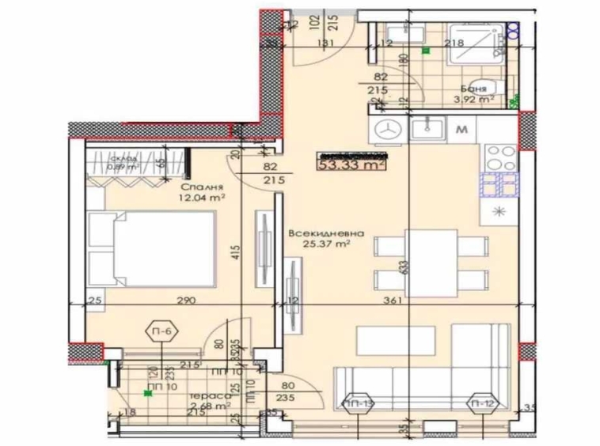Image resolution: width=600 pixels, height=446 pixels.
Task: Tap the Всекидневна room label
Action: point(326,234)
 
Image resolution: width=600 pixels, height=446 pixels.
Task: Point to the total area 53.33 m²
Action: point(351,164)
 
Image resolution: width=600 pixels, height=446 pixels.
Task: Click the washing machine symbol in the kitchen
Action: point(387,129)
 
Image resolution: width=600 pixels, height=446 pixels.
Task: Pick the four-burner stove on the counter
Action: point(500,158)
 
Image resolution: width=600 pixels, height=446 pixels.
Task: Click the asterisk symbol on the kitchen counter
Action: point(500,210)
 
